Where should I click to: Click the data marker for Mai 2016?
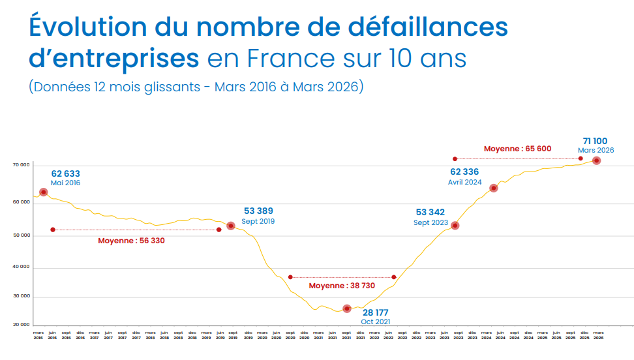(x=43, y=192)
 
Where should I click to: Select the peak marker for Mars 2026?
(x=596, y=160)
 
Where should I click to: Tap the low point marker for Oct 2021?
(x=347, y=308)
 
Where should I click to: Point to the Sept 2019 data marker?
(x=230, y=226)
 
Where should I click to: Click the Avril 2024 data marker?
(x=494, y=188)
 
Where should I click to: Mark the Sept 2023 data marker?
(x=455, y=226)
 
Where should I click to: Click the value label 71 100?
(x=595, y=141)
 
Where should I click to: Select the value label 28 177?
(x=375, y=313)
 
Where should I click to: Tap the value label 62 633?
(x=65, y=173)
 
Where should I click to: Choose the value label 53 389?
(x=258, y=211)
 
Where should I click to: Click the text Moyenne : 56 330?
(x=131, y=241)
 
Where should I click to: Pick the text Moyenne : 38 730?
(x=342, y=286)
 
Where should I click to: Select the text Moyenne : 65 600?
(x=517, y=149)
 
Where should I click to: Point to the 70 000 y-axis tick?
(x=22, y=165)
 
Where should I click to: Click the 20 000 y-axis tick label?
(x=22, y=324)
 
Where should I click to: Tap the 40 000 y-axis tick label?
(x=22, y=268)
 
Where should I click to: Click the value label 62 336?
(x=464, y=172)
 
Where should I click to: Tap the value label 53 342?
(x=430, y=212)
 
